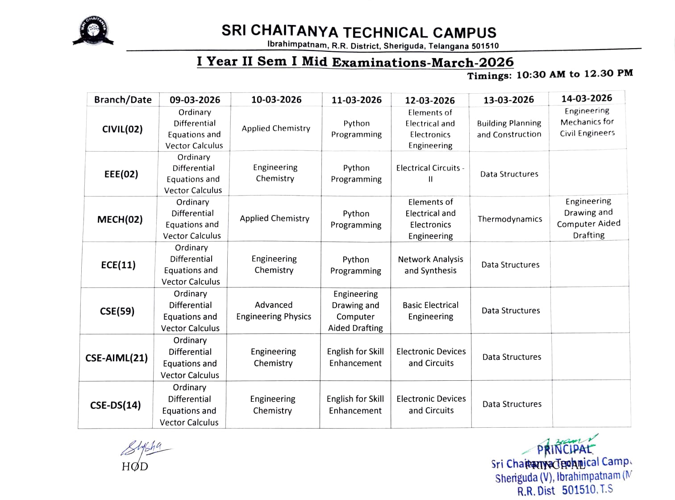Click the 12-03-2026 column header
(429, 100)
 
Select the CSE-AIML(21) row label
(117, 358)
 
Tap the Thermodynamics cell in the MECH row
(510, 219)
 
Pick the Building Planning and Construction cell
(509, 129)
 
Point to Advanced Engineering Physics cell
(274, 311)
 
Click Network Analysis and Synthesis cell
(430, 265)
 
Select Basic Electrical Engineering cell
(430, 311)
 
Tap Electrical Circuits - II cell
(430, 173)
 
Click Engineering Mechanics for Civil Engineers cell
(587, 122)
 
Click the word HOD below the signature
(135, 467)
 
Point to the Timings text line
(550, 75)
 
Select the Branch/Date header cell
(123, 100)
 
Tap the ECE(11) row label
(118, 265)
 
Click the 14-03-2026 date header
(587, 98)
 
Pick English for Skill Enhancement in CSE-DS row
(355, 404)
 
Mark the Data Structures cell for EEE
(509, 174)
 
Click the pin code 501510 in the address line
(485, 46)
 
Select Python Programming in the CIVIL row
(356, 129)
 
